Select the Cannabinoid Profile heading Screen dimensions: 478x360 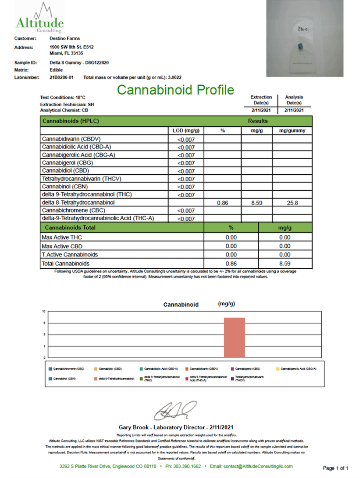tap(175, 90)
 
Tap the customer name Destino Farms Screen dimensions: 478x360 tap(64, 38)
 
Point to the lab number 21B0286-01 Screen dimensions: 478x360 tap(61, 77)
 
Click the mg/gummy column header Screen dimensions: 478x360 tap(292, 131)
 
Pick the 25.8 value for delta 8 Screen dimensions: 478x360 tap(292, 203)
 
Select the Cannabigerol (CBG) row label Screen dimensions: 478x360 tap(67, 163)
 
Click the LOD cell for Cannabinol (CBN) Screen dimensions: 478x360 tap(186, 187)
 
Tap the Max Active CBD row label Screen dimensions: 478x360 tap(62, 246)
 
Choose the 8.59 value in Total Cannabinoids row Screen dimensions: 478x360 tap(285, 264)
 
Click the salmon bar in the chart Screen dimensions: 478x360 tap(234, 338)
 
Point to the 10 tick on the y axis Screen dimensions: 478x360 tap(44, 311)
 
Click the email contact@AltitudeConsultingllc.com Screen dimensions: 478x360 tap(251, 466)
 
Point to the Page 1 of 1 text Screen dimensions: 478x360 tap(335, 468)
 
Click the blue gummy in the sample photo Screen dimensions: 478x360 tap(300, 46)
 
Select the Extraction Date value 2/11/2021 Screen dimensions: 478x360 tap(261, 110)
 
